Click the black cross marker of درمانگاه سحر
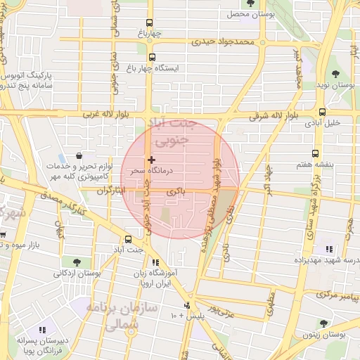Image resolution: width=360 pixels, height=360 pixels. coord(151,160)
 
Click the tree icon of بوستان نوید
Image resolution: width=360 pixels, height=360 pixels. coord(334,74)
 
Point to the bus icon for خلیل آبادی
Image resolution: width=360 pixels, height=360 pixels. coord(322,112)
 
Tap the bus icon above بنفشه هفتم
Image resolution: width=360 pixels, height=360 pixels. coord(314,153)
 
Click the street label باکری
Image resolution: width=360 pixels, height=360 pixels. coord(176,191)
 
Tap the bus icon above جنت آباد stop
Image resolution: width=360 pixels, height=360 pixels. coord(128,239)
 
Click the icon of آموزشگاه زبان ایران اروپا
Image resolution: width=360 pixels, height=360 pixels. coord(155,263)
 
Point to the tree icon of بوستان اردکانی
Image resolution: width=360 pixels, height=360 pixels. coord(66,262)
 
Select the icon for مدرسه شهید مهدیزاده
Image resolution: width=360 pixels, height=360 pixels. coord(328,249)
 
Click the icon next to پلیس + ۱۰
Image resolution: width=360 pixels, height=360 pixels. coord(187,305)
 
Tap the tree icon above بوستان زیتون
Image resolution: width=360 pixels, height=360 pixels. coord(323,323)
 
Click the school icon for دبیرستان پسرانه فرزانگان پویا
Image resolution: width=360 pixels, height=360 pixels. coord(42,329)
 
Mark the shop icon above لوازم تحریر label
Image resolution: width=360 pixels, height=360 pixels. coord(77,156)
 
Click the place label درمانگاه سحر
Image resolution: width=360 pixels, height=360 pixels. coord(147,171)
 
